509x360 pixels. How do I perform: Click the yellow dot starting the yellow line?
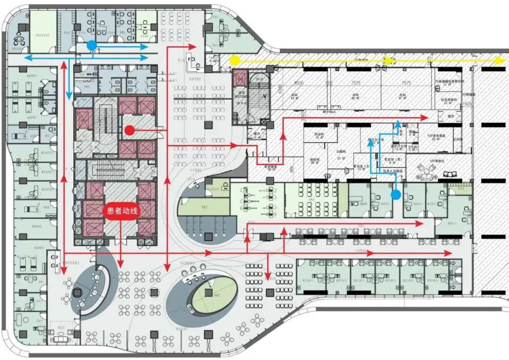coord(234,60)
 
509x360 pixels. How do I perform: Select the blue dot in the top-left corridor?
coord(91,45)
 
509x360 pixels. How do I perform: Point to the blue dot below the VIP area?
coord(396,194)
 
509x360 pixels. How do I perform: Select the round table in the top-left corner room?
coord(19,39)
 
